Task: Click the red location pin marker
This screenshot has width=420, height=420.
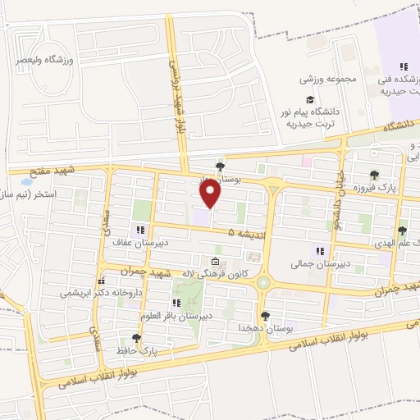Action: (211, 193)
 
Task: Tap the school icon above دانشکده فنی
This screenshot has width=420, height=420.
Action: (402, 66)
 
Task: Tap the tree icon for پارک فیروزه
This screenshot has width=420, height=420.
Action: (375, 175)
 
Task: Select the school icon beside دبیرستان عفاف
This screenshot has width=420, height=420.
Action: (139, 231)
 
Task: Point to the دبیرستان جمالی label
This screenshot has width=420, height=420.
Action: (321, 264)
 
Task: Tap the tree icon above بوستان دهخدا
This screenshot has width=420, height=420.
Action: (265, 316)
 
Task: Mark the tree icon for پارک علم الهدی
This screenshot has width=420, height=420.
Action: (402, 231)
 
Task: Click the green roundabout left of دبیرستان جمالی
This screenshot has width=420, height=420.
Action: (265, 283)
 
